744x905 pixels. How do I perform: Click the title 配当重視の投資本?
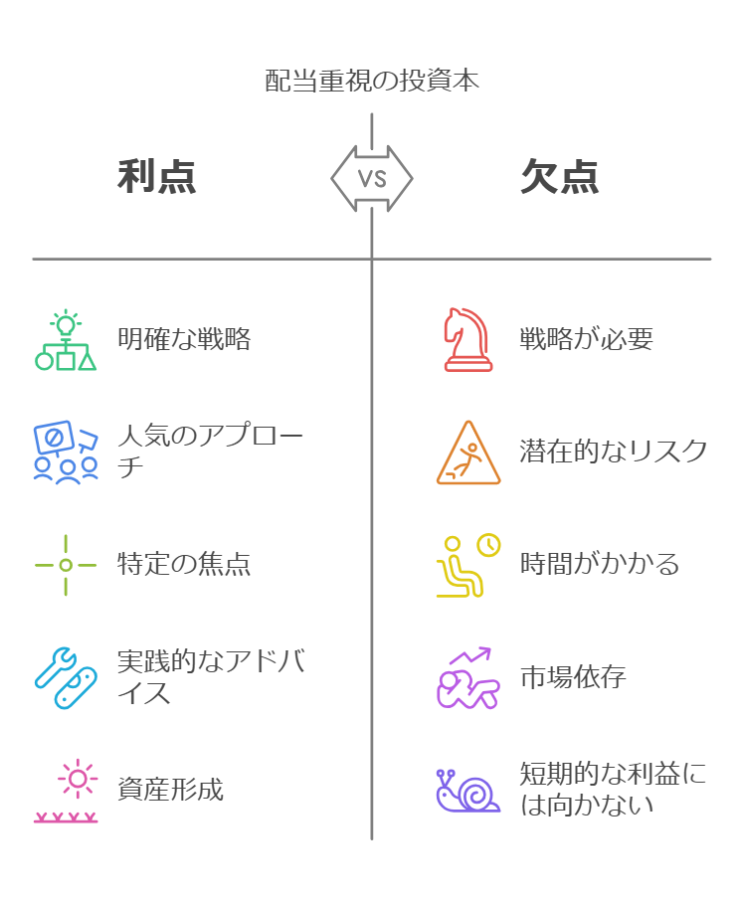pyautogui.click(x=372, y=81)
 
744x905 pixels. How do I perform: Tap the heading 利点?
pyautogui.click(x=157, y=177)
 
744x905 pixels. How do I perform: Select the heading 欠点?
pyautogui.click(x=560, y=177)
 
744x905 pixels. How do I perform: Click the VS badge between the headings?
pyautogui.click(x=372, y=179)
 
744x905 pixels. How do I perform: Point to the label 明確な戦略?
pyautogui.click(x=184, y=339)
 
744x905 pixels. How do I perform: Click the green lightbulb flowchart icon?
pyautogui.click(x=66, y=340)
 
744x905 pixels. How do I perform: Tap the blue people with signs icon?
pyautogui.click(x=66, y=452)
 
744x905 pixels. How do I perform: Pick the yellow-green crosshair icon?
pyautogui.click(x=66, y=565)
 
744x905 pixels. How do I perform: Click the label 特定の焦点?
pyautogui.click(x=184, y=565)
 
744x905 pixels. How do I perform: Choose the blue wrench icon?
pyautogui.click(x=66, y=678)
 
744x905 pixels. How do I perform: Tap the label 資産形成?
pyautogui.click(x=171, y=791)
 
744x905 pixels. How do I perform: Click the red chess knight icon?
pyautogui.click(x=467, y=340)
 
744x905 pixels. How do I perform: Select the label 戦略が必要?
pyautogui.click(x=586, y=339)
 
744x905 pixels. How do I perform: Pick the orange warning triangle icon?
pyautogui.click(x=468, y=453)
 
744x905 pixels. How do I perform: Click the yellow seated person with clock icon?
pyautogui.click(x=467, y=565)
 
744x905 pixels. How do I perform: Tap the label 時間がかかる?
pyautogui.click(x=600, y=565)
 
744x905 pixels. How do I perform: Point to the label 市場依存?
pyautogui.click(x=573, y=678)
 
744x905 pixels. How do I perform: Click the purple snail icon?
pyautogui.click(x=467, y=791)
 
